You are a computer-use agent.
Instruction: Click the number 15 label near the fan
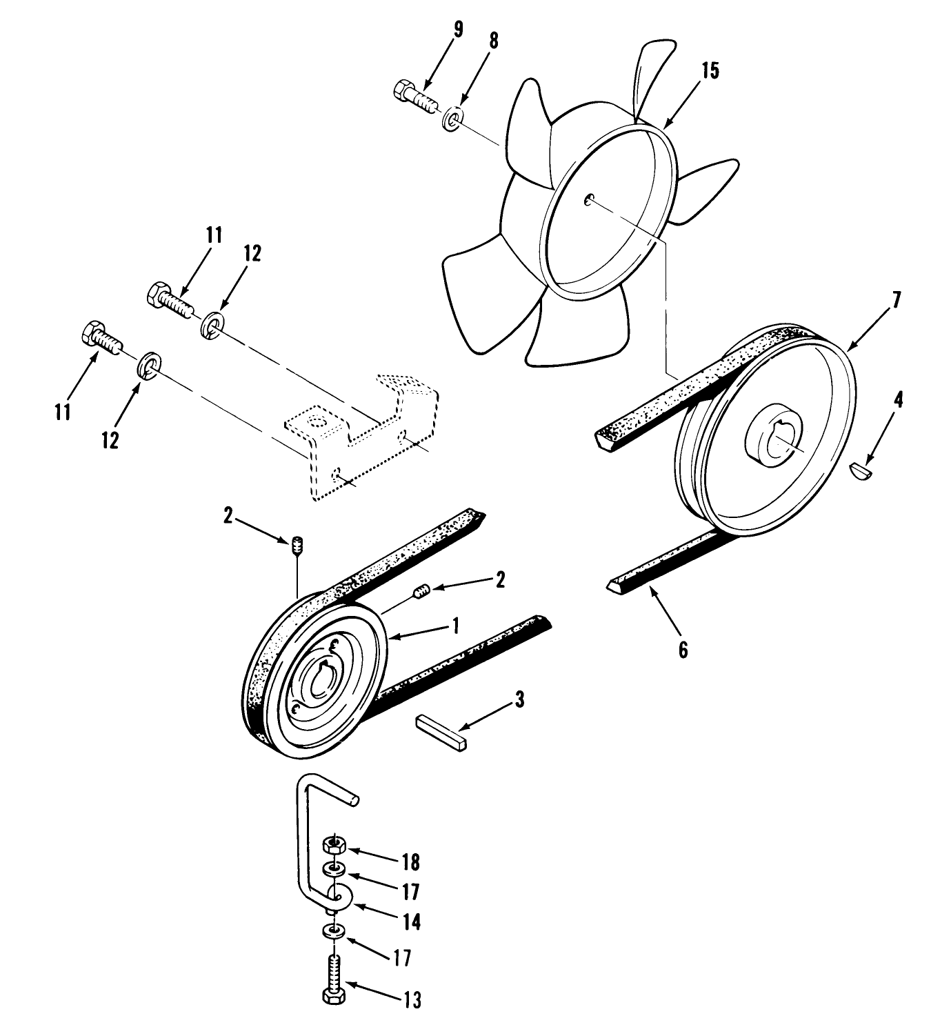[x=710, y=71]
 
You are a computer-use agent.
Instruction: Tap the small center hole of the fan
[x=589, y=200]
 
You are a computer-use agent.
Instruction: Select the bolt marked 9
[x=414, y=97]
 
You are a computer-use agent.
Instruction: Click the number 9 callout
[x=459, y=30]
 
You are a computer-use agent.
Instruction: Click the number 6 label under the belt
[x=682, y=649]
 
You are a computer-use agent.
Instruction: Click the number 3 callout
[x=519, y=699]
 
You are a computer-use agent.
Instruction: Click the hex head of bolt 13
[x=334, y=995]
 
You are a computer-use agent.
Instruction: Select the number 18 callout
[x=410, y=863]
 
